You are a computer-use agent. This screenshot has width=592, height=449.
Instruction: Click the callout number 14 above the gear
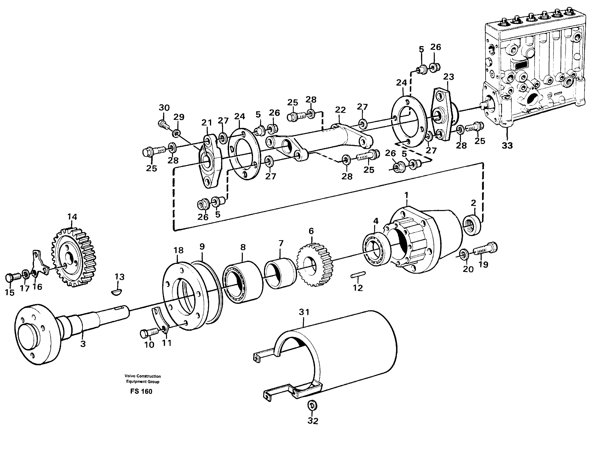pos(72,217)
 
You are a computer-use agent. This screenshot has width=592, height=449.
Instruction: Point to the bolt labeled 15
pos(12,277)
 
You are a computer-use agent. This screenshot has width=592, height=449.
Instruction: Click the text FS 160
pos(141,392)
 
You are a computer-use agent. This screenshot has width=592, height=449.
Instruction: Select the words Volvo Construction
pos(143,376)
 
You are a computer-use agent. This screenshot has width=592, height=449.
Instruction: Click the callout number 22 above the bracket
pos(340,110)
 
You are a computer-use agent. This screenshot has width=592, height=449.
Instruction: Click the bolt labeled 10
pos(146,334)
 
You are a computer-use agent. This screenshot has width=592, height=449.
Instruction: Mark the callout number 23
pos(449,77)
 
